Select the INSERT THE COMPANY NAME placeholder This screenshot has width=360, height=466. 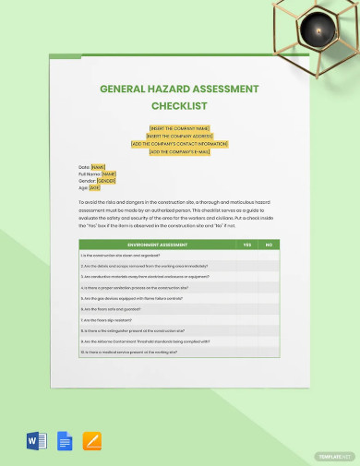pyautogui.click(x=179, y=128)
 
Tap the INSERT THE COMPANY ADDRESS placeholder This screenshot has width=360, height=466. pyautogui.click(x=179, y=136)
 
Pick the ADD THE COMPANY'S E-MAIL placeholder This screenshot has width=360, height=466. pyautogui.click(x=179, y=151)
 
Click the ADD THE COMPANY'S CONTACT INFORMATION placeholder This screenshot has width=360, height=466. pyautogui.click(x=179, y=144)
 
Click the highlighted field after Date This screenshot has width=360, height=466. pyautogui.click(x=98, y=167)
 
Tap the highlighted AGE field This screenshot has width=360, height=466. pyautogui.click(x=94, y=187)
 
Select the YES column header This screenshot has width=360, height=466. pyautogui.click(x=246, y=245)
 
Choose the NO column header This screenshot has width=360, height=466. pyautogui.click(x=269, y=245)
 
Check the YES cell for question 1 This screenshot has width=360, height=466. pyautogui.click(x=246, y=255)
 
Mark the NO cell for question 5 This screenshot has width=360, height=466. pyautogui.click(x=269, y=298)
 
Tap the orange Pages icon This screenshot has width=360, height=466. pyautogui.click(x=92, y=441)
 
